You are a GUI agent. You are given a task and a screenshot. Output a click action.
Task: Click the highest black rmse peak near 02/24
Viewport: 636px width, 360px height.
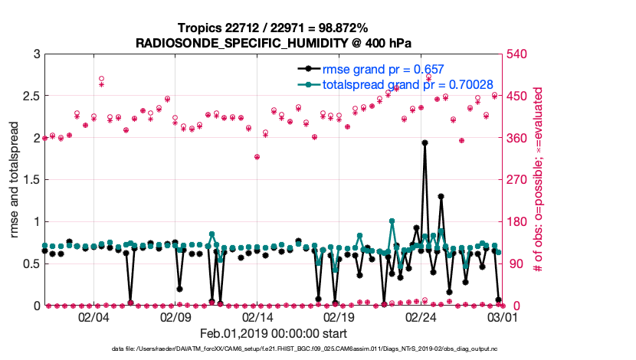[425, 142]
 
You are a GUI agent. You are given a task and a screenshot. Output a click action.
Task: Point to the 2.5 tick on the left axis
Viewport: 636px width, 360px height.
[32, 96]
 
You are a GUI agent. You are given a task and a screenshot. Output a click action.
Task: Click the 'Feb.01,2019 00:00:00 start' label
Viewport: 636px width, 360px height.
[274, 333]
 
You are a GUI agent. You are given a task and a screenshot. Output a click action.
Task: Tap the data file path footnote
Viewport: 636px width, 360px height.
[315, 349]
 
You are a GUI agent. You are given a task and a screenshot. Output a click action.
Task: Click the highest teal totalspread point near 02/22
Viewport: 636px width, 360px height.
[392, 221]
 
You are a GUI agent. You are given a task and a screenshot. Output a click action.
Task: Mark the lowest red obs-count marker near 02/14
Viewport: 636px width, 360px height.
[257, 157]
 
